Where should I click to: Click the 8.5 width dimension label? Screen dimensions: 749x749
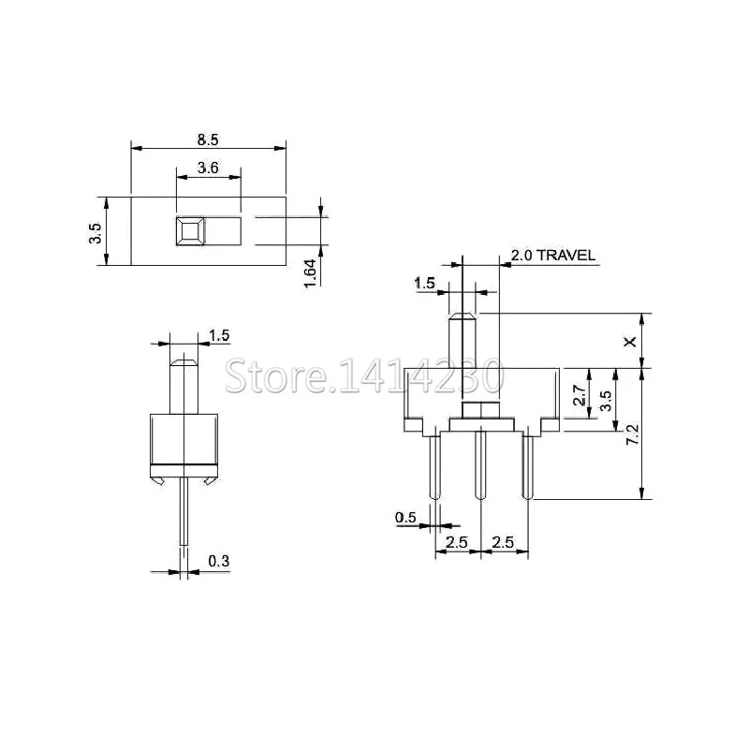point(208,140)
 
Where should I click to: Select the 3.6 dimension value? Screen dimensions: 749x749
point(208,169)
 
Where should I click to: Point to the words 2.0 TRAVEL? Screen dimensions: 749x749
point(553,256)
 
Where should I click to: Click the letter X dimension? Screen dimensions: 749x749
point(630,342)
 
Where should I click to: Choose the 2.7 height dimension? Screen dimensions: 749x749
point(580,395)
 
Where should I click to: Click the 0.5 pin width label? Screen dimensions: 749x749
point(405,518)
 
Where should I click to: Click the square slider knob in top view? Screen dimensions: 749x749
point(190,230)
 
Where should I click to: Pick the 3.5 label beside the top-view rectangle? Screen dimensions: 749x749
point(95,231)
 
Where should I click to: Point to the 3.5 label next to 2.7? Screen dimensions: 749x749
point(606,401)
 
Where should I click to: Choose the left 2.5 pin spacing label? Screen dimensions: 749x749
point(457,543)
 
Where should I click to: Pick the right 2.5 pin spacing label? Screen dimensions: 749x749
point(503,543)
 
